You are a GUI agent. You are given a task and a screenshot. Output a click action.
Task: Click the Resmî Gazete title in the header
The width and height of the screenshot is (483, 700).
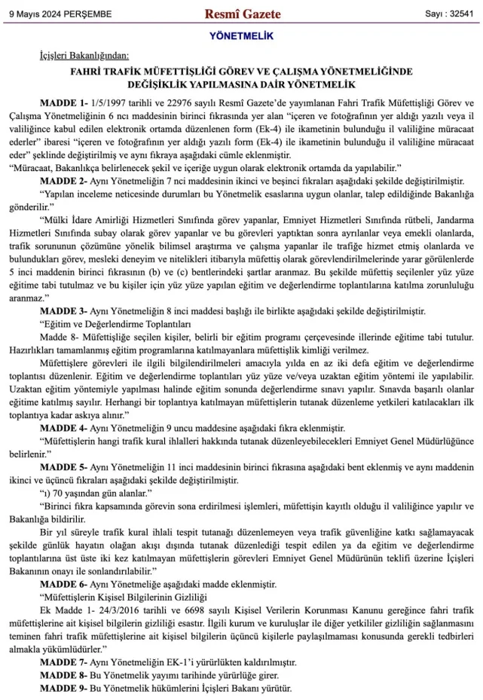(x=243, y=14)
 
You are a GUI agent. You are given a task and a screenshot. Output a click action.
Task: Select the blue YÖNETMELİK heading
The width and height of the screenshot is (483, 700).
(x=241, y=36)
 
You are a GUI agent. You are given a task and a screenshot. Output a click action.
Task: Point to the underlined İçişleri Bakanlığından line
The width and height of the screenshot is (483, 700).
(x=84, y=55)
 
